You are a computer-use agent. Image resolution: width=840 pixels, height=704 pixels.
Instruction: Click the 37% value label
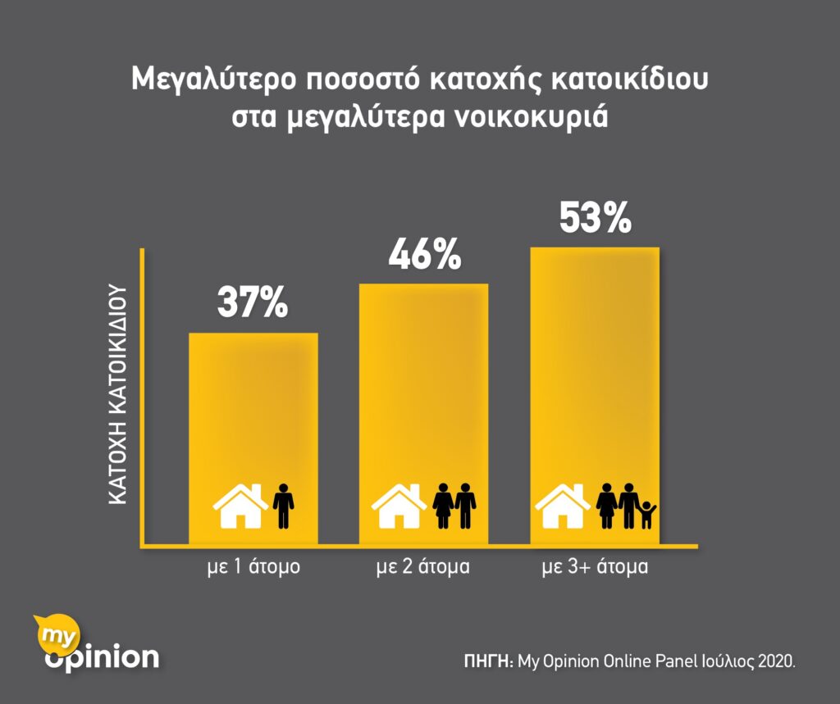[x=253, y=302]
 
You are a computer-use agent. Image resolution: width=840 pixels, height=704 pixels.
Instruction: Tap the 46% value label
[x=424, y=255]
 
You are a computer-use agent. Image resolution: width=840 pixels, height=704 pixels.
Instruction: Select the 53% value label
[x=596, y=218]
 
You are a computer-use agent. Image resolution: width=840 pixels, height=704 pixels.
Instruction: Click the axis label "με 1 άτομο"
[x=253, y=566]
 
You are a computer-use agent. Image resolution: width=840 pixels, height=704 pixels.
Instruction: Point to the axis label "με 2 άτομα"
[x=424, y=566]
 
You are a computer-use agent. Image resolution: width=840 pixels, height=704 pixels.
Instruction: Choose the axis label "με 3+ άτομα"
[x=596, y=566]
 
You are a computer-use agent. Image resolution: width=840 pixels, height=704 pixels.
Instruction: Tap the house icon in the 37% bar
[x=239, y=506]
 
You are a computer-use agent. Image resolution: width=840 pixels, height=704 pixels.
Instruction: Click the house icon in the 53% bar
[x=562, y=506]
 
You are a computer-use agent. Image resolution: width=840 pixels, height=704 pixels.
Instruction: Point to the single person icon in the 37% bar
[x=283, y=506]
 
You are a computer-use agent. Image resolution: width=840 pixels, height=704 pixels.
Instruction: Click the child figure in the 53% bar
[x=647, y=515]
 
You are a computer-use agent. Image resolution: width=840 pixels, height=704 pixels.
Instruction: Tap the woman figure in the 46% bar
[x=444, y=506]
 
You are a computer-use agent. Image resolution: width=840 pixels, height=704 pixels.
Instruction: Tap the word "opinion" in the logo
[x=102, y=656]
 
